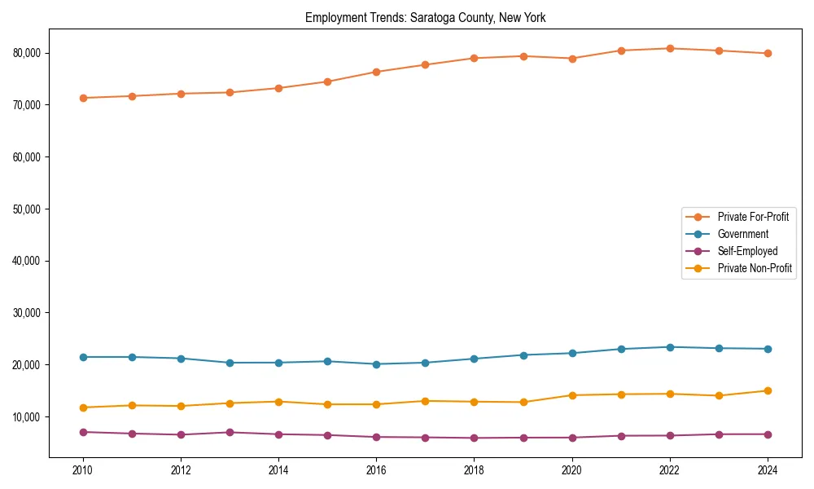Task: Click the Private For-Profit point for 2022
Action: tap(669, 48)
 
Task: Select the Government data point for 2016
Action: tap(376, 364)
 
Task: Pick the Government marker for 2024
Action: tap(767, 349)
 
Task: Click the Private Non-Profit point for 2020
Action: tap(571, 395)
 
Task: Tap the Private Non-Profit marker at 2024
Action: tap(767, 390)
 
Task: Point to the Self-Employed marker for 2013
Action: tap(230, 432)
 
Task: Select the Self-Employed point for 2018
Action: tap(474, 438)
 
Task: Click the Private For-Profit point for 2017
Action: tap(425, 64)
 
